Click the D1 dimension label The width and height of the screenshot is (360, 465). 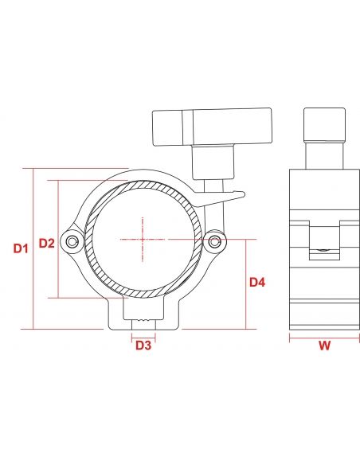[21, 248]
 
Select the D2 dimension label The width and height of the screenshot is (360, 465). [46, 242]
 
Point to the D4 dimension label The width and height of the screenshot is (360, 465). [257, 282]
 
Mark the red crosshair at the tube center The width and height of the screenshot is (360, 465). [143, 238]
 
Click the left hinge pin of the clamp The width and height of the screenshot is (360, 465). [73, 240]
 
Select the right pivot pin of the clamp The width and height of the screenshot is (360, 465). [213, 240]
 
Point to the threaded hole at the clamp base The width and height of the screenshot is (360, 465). [143, 320]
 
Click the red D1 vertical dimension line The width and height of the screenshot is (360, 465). [33, 248]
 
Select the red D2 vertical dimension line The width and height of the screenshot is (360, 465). [59, 239]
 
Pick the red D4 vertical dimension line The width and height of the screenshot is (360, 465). [247, 283]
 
